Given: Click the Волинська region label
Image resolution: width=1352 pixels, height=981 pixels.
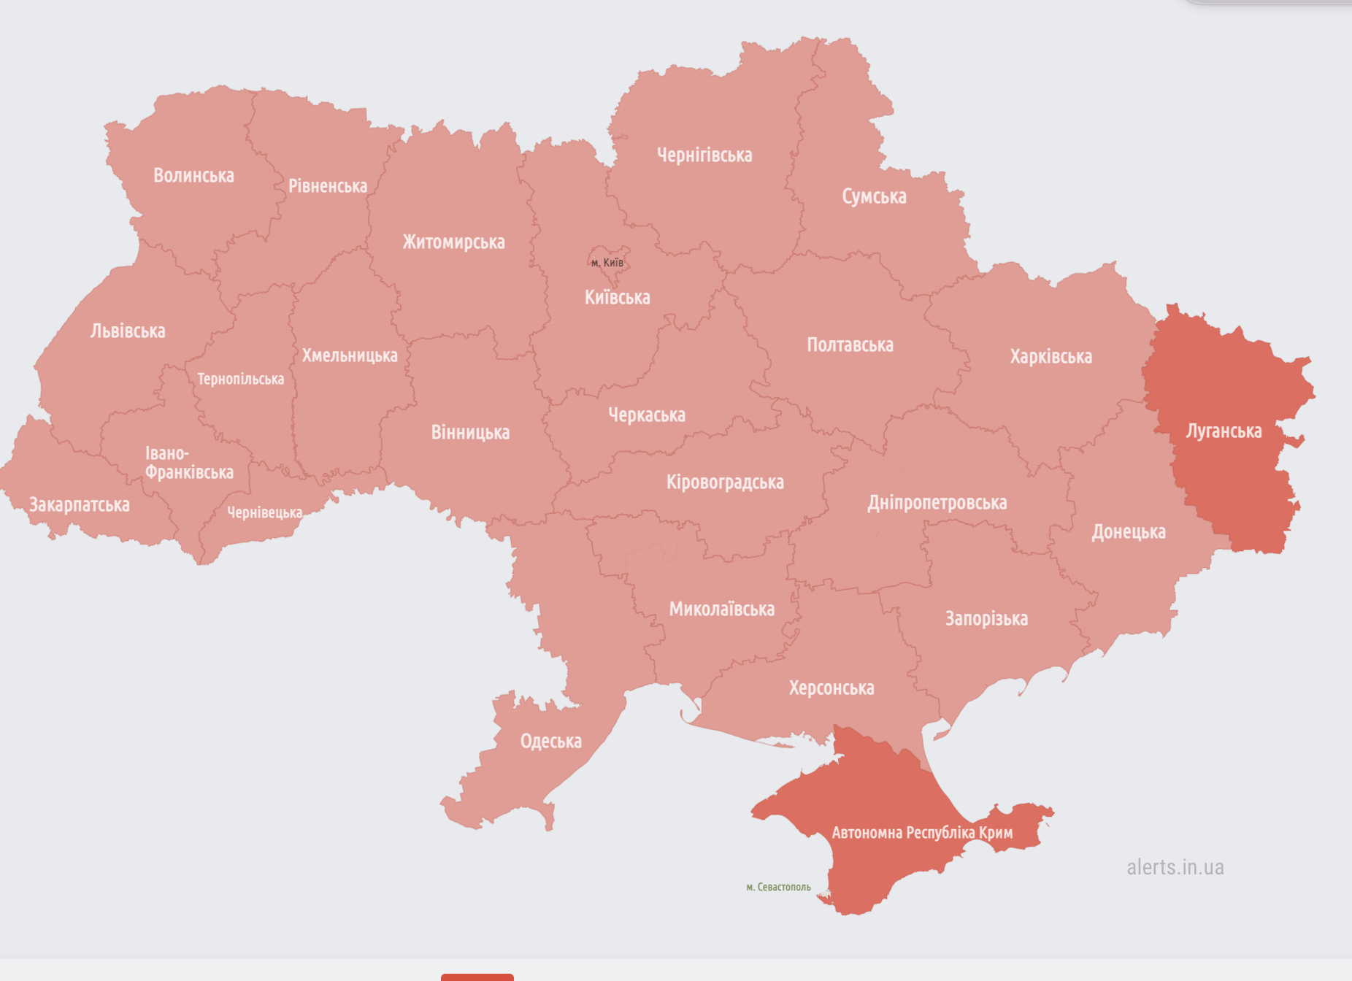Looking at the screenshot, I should coord(193,176).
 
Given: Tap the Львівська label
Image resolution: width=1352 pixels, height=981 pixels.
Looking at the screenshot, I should coord(128,331).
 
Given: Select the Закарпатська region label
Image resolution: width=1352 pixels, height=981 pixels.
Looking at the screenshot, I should coord(79,505).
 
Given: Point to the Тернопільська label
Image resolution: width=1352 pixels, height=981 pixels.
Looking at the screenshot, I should coord(240,380).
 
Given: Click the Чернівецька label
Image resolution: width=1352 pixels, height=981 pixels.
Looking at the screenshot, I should coord(264,513).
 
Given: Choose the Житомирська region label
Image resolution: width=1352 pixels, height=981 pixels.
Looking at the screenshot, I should coord(453,242).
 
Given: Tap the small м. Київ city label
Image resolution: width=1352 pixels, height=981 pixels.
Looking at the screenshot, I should coord(607,263).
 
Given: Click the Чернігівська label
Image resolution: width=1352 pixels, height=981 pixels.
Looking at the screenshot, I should coord(704,155).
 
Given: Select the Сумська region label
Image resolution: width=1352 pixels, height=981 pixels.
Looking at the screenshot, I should coord(874,197).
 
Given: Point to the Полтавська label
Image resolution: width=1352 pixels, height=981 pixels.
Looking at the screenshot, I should coord(850,345).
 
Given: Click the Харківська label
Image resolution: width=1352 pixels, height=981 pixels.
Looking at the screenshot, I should coord(1051,357).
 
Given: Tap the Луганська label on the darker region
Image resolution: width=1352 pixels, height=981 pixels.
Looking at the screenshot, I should coord(1224,431).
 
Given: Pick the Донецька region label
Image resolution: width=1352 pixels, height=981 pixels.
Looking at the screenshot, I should coord(1128,532).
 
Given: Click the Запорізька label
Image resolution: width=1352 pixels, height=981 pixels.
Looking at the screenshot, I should coord(986,619).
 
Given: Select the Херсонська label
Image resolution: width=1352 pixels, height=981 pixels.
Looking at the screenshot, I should coord(831,688).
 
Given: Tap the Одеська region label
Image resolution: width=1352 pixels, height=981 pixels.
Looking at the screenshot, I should coord(550,742).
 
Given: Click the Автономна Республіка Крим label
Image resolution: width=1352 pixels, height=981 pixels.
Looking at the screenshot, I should coord(922,833).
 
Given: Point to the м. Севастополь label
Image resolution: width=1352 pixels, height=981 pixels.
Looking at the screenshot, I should coord(778,888).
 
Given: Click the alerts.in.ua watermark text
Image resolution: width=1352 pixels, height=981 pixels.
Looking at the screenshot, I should coord(1175,867).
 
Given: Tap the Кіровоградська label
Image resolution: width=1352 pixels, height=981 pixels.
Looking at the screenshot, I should coord(724,482).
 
